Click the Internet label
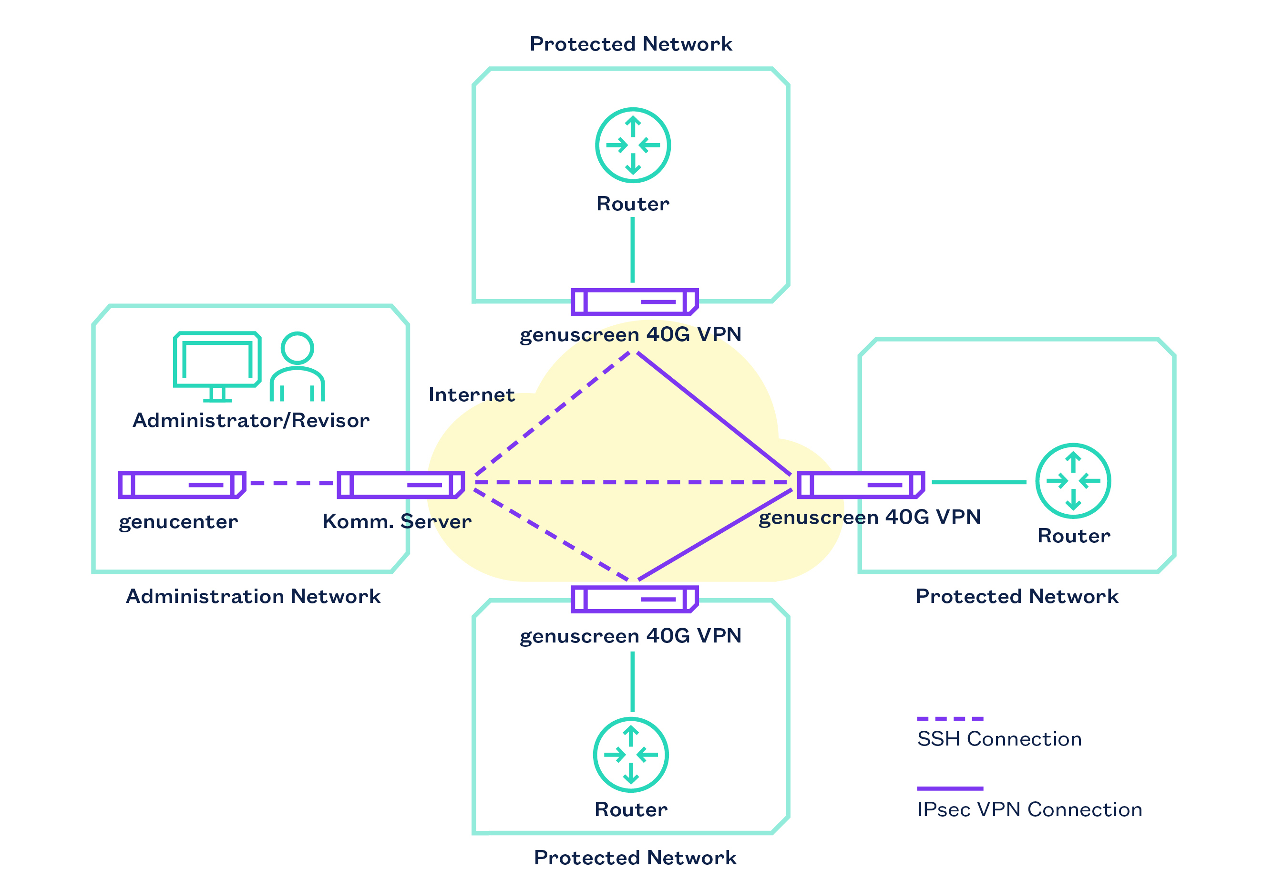click(472, 394)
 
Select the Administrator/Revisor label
click(251, 421)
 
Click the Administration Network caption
click(253, 597)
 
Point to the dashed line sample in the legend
click(950, 719)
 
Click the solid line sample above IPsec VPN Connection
click(950, 788)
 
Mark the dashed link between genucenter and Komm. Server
click(291, 483)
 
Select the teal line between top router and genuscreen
click(633, 250)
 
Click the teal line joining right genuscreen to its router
click(979, 482)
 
